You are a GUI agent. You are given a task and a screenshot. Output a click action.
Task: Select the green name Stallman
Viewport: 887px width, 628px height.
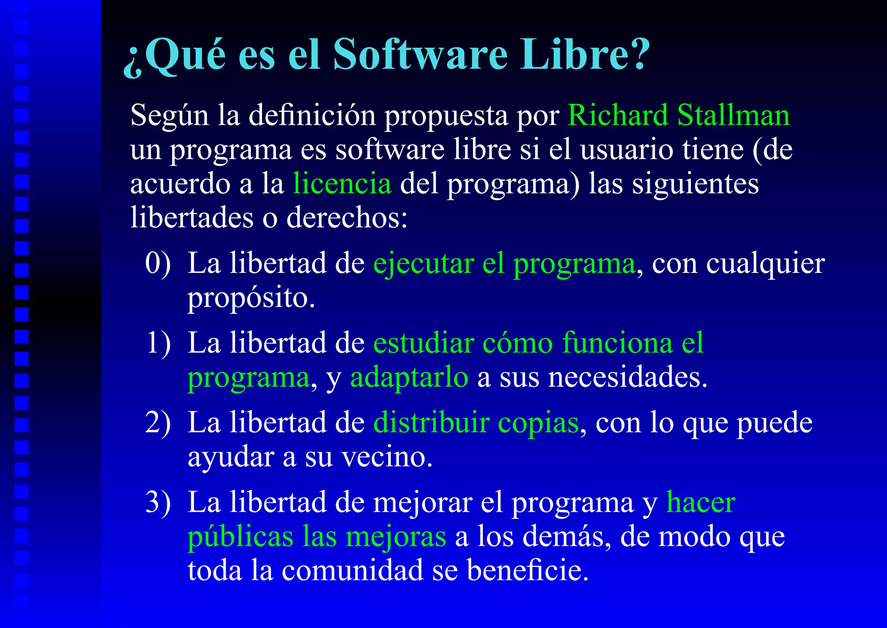pos(734,116)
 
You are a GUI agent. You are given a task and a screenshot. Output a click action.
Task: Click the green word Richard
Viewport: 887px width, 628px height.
pos(618,116)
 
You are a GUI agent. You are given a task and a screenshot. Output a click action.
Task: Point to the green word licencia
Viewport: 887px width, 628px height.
pos(342,184)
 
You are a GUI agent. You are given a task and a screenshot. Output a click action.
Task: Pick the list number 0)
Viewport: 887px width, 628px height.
pos(158,263)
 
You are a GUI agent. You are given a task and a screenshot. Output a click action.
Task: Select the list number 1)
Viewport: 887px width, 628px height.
pos(158,343)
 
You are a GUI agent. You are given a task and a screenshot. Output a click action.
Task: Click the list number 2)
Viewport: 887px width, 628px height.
pos(158,423)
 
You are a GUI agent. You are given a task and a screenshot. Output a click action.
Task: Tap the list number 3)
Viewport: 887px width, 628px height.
pos(158,502)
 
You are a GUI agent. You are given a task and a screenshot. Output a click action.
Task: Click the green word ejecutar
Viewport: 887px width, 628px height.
pos(424,264)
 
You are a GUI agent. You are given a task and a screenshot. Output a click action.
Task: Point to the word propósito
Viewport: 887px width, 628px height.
pos(251,299)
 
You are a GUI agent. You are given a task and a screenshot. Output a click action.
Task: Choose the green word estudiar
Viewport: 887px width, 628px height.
pos(424,343)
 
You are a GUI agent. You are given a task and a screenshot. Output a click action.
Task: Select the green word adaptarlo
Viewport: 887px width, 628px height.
pos(409,378)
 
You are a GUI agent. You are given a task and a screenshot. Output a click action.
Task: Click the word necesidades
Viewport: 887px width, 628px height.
pos(628,378)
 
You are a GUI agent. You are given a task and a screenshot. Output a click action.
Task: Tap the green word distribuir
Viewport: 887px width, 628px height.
pos(431,423)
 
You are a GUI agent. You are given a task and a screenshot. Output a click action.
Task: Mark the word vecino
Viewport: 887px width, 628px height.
pos(387,457)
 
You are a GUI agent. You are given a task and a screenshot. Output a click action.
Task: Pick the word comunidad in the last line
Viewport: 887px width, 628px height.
pos(353,571)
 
